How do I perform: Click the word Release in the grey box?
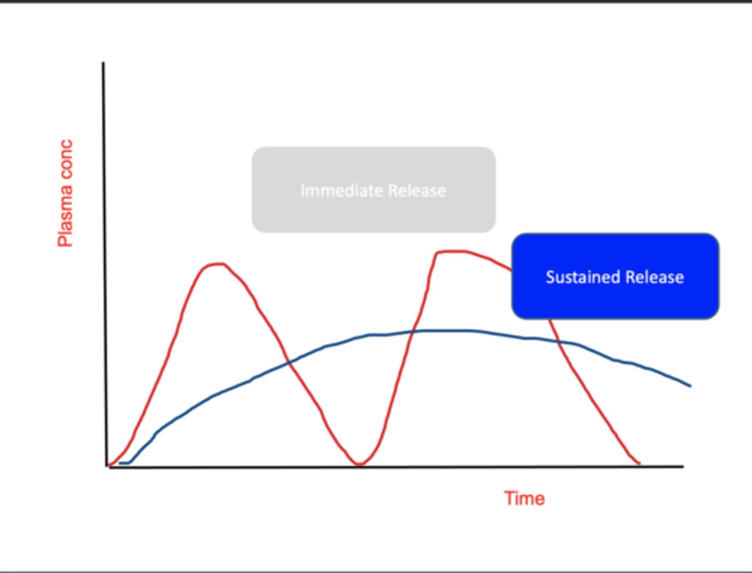(417, 191)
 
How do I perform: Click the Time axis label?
(524, 498)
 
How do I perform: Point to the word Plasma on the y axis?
(65, 216)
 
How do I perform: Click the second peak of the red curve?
(451, 252)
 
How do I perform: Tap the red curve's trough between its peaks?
(359, 464)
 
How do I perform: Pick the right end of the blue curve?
(690, 386)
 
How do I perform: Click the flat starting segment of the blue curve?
(124, 463)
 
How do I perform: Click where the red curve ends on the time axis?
(639, 464)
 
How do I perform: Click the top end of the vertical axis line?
(103, 63)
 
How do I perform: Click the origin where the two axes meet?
(107, 466)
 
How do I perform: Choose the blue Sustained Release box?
(615, 276)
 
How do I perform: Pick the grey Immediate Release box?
(373, 190)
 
